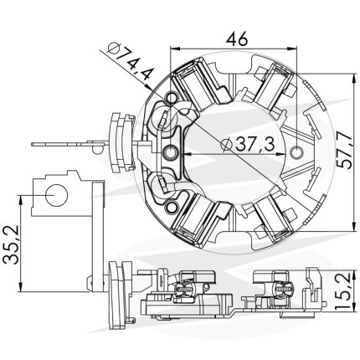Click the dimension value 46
click(x=237, y=39)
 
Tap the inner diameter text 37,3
click(x=255, y=144)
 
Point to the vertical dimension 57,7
click(x=342, y=151)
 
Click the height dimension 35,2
click(x=11, y=244)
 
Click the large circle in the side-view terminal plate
click(x=57, y=195)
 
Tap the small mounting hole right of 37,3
click(x=296, y=152)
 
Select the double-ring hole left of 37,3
click(x=170, y=153)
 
